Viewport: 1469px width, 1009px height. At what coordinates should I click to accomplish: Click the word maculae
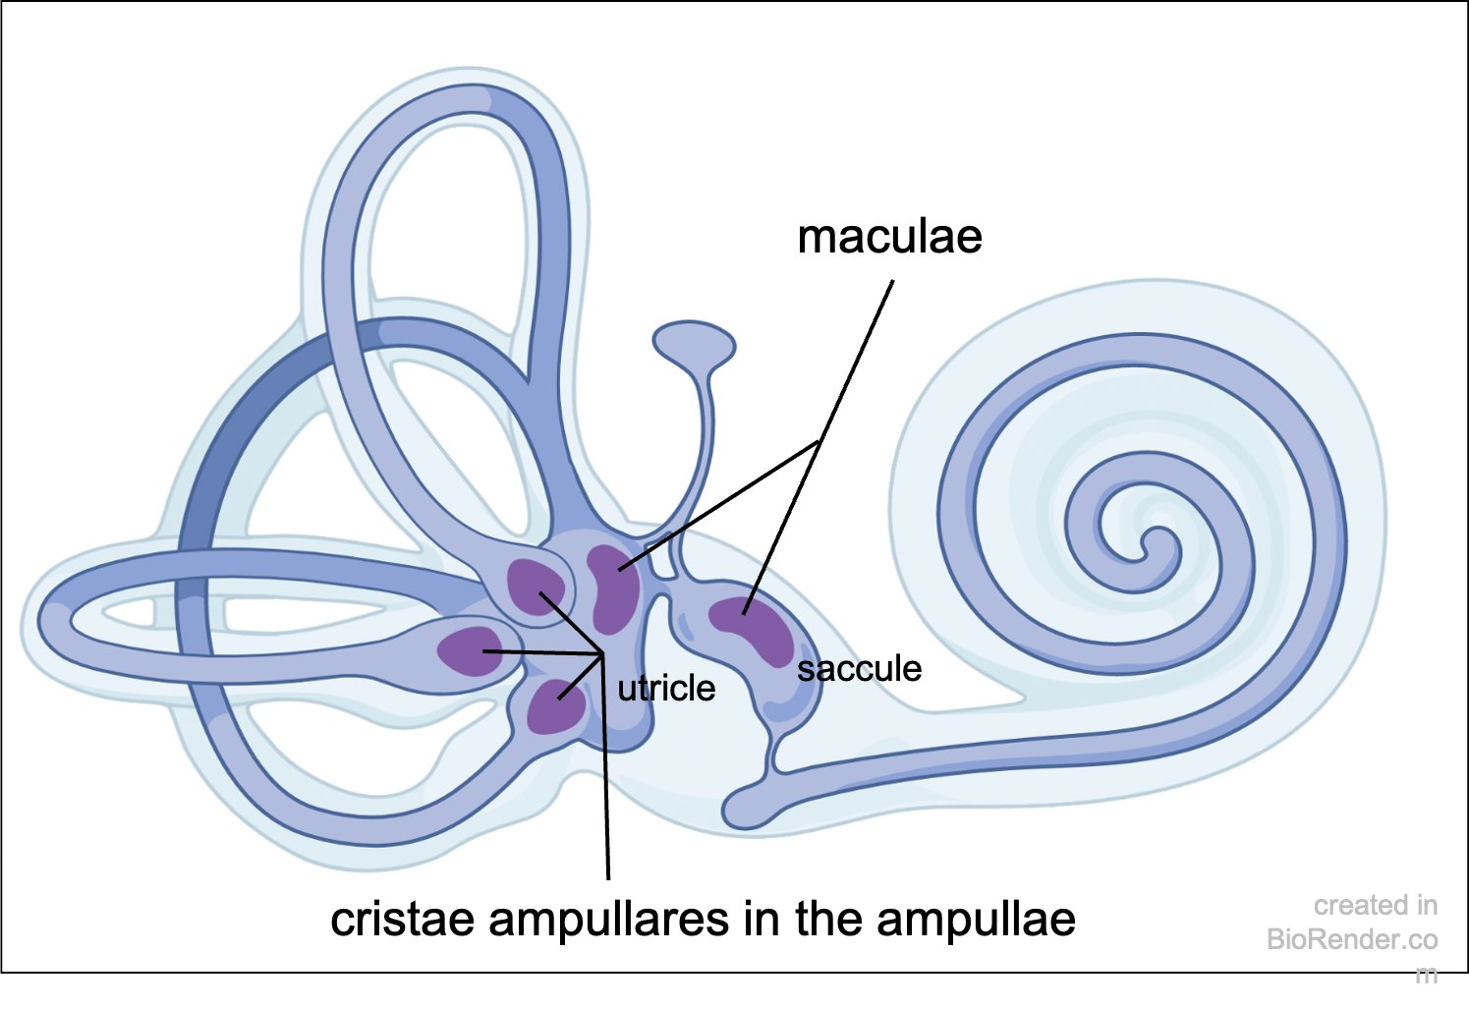889,238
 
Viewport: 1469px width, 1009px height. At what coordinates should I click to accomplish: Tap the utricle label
666,688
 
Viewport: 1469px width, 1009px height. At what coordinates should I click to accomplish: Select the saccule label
859,669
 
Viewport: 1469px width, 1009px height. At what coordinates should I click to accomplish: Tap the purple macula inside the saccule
752,629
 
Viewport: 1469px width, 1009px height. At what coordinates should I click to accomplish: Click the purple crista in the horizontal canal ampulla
470,650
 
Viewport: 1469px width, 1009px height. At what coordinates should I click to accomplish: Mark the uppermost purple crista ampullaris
535,587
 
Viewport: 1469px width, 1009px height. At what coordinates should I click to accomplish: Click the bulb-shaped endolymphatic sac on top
694,342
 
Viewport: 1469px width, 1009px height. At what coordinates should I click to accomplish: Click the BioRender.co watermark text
1352,940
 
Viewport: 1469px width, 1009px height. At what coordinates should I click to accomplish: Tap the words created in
1375,905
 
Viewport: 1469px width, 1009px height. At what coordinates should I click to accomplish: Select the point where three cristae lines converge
602,653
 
